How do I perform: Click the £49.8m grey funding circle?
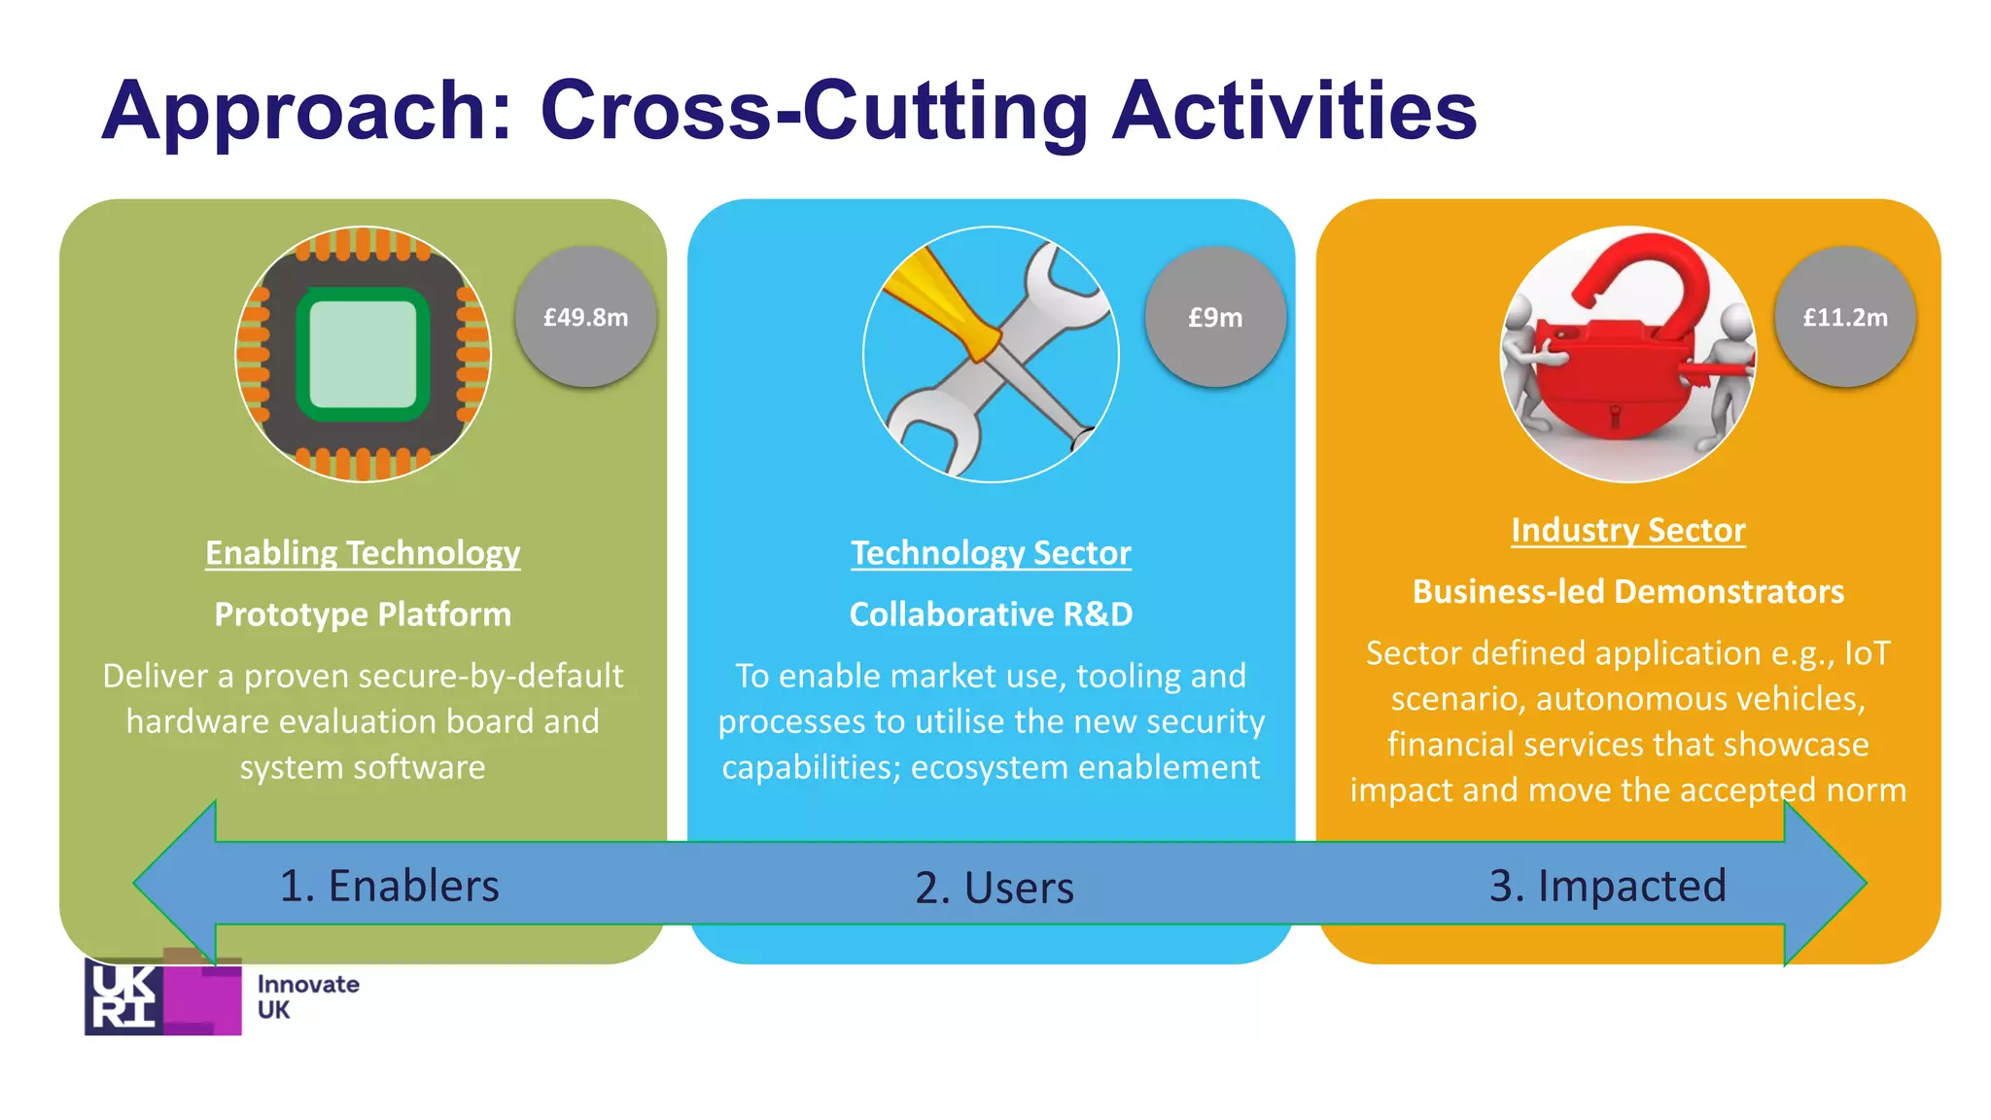(x=585, y=317)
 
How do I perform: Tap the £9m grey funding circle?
(x=1215, y=317)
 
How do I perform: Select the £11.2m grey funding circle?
(x=1844, y=317)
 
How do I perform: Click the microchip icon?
(x=363, y=355)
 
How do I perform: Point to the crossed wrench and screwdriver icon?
(x=991, y=355)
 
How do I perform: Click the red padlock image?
(x=1627, y=355)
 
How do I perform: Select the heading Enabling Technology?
(x=363, y=553)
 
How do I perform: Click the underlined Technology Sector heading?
(x=991, y=553)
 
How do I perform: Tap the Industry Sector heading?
(x=1627, y=531)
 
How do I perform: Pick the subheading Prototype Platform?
(x=363, y=614)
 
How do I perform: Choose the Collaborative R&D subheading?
(x=991, y=614)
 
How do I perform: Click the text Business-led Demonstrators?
(x=1627, y=592)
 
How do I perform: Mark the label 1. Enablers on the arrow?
(x=389, y=886)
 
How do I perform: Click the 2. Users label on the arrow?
(x=994, y=888)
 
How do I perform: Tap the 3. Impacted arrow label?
(x=1607, y=886)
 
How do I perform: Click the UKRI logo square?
(x=162, y=997)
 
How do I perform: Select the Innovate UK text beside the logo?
(x=307, y=997)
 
